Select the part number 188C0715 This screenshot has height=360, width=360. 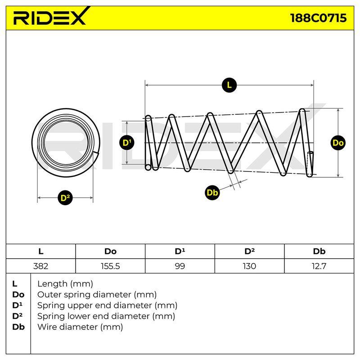(x=318, y=18)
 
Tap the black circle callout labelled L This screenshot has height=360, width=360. (x=229, y=85)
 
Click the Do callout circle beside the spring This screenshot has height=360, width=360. (x=338, y=143)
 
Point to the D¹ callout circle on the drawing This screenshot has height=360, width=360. (x=127, y=143)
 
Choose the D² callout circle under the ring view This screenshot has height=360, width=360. (x=65, y=198)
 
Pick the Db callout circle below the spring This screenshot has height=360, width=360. (x=212, y=193)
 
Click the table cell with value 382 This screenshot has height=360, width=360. (x=40, y=266)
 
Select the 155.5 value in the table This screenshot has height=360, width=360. (x=110, y=266)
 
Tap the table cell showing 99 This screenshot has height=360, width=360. (x=180, y=266)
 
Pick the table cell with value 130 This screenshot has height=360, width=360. (x=249, y=266)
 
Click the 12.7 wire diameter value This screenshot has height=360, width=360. (x=319, y=266)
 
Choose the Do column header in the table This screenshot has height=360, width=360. (x=110, y=252)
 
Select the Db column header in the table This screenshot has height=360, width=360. (x=319, y=252)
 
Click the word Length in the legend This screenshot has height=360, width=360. (x=52, y=284)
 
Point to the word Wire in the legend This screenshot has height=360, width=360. (x=46, y=327)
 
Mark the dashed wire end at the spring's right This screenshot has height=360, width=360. (x=310, y=164)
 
